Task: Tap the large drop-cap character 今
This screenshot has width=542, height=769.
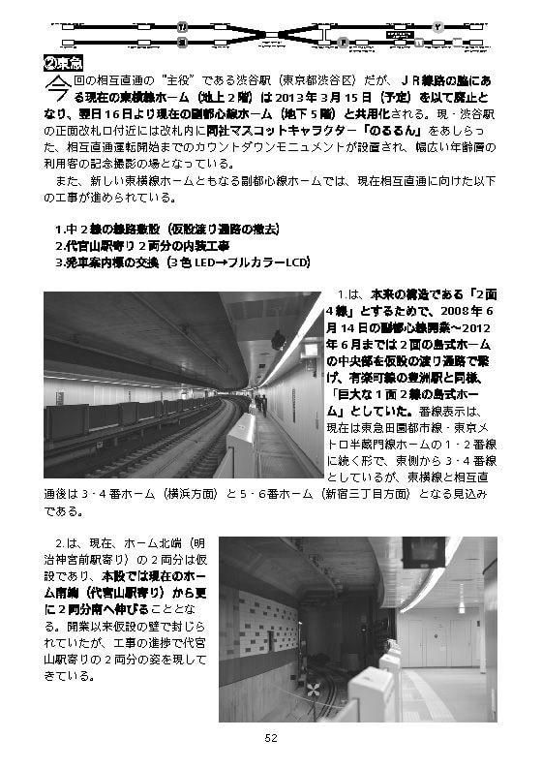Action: tap(57, 91)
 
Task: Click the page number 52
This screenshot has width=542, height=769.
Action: tap(271, 737)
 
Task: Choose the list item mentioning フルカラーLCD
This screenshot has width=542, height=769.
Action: tap(181, 261)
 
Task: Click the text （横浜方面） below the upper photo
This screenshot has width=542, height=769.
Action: tap(190, 494)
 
